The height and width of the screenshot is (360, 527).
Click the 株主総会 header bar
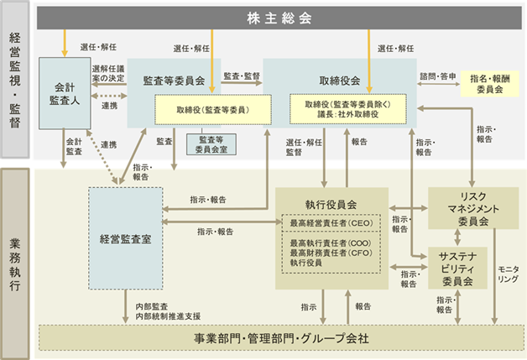pyautogui.click(x=279, y=18)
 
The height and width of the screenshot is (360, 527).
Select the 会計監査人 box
pyautogui.click(x=65, y=93)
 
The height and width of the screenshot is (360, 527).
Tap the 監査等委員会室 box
pyautogui.click(x=211, y=144)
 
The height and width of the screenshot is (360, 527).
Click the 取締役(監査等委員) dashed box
pyautogui.click(x=213, y=110)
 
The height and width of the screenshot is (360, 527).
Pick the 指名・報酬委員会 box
pyautogui.click(x=490, y=84)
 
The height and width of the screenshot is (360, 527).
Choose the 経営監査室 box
pyautogui.click(x=125, y=238)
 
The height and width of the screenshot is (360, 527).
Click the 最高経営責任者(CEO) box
pyautogui.click(x=331, y=223)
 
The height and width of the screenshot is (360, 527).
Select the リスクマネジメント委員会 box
pyautogui.click(x=473, y=208)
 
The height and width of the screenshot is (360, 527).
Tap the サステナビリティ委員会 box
pyautogui.click(x=457, y=269)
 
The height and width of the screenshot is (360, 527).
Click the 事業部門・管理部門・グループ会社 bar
pyautogui.click(x=281, y=338)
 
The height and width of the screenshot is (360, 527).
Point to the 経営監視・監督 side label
pyautogui.click(x=15, y=80)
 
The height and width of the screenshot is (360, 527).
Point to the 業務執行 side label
pyautogui.click(x=15, y=263)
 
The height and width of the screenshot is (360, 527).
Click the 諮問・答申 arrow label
pyautogui.click(x=438, y=76)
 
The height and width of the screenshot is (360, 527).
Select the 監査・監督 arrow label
pyautogui.click(x=242, y=76)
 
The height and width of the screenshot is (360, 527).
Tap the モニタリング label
pyautogui.click(x=509, y=274)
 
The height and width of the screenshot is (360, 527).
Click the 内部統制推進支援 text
pyautogui.click(x=168, y=316)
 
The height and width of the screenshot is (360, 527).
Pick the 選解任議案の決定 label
pyautogui.click(x=108, y=73)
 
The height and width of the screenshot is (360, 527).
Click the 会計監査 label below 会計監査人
pyautogui.click(x=74, y=147)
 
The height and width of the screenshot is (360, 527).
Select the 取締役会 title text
pyautogui.click(x=340, y=81)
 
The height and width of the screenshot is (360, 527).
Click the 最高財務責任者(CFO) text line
pyautogui.click(x=331, y=253)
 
